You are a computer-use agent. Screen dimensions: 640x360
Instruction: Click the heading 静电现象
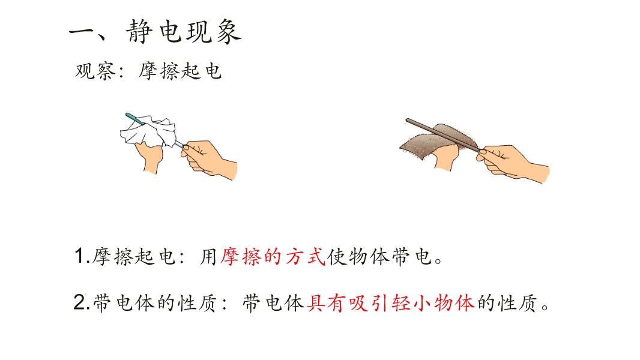(x=184, y=31)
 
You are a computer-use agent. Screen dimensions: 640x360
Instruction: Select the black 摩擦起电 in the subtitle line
(x=180, y=71)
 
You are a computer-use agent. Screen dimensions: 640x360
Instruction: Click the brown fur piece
(x=438, y=142)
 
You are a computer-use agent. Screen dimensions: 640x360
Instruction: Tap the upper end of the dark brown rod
(x=407, y=120)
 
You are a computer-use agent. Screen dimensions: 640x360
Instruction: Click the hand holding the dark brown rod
(x=513, y=161)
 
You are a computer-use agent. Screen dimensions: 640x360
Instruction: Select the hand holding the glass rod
(x=208, y=159)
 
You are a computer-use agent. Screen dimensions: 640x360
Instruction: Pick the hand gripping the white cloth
(x=149, y=157)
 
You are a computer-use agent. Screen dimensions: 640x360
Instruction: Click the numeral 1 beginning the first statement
(x=80, y=256)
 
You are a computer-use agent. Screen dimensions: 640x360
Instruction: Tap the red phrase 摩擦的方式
(x=273, y=257)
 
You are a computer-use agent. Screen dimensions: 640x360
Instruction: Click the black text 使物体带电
(x=379, y=257)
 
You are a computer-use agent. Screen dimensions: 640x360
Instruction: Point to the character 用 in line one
(x=208, y=257)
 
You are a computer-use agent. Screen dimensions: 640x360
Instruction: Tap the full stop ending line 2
(x=545, y=307)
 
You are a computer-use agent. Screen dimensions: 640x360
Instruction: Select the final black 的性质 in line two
(x=507, y=303)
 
